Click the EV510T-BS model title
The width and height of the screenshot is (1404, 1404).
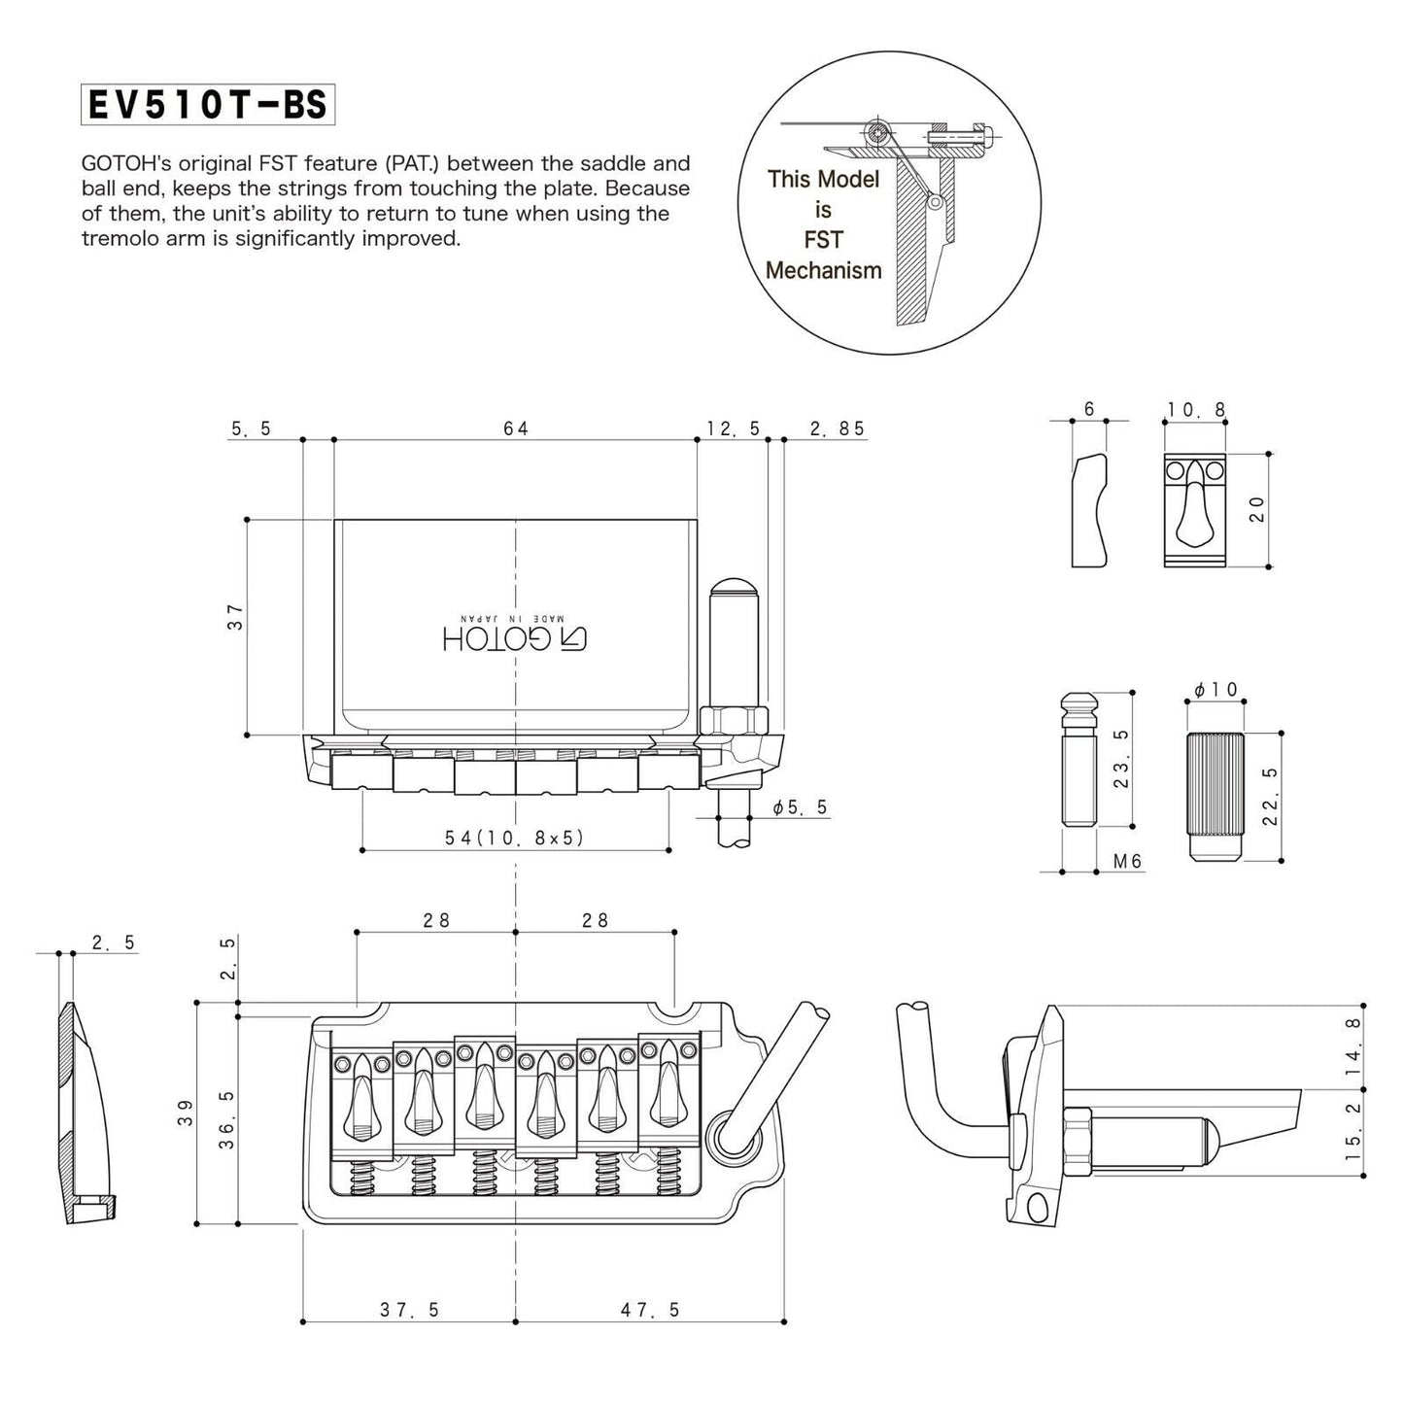208,105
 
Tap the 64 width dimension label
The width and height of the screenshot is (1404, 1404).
515,428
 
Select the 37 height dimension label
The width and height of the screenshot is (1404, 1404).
234,616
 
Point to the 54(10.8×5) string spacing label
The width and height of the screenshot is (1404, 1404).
515,838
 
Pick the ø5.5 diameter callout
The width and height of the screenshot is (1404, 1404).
800,806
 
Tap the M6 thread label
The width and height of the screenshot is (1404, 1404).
1127,861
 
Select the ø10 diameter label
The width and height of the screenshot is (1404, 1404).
1216,689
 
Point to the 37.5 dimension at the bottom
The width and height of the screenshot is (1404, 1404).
409,1310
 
